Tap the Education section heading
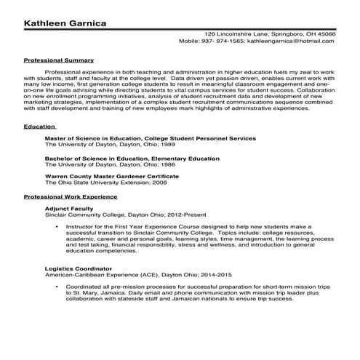tap(39, 127)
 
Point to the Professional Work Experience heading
tap(70, 197)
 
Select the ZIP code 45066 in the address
tap(326, 34)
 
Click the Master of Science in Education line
tap(150, 137)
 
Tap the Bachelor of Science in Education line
tap(132, 158)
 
